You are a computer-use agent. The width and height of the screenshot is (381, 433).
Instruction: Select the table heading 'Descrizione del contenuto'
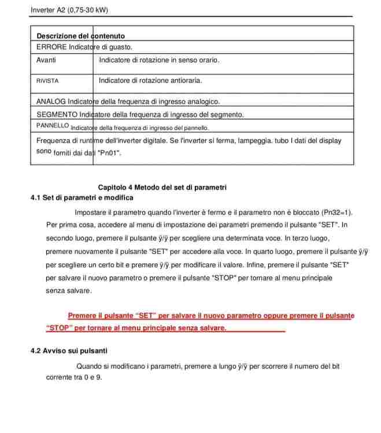click(x=80, y=36)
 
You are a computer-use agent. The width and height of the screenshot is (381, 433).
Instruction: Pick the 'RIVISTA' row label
click(x=47, y=81)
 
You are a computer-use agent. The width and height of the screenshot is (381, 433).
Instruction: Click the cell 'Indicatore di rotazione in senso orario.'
click(x=159, y=60)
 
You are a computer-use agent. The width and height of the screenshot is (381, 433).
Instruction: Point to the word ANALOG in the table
click(x=50, y=102)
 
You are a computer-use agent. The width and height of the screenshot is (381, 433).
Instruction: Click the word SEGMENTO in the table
click(x=57, y=114)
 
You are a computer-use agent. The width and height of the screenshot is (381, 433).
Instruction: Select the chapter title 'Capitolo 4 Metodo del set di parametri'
click(x=162, y=188)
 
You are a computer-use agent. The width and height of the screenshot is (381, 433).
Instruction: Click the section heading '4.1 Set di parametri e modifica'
click(x=82, y=198)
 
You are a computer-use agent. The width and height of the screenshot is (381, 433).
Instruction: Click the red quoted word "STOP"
click(x=59, y=328)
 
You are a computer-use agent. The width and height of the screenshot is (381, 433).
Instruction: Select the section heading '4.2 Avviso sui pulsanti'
click(x=68, y=350)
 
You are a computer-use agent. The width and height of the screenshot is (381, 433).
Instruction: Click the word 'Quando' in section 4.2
click(x=89, y=366)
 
